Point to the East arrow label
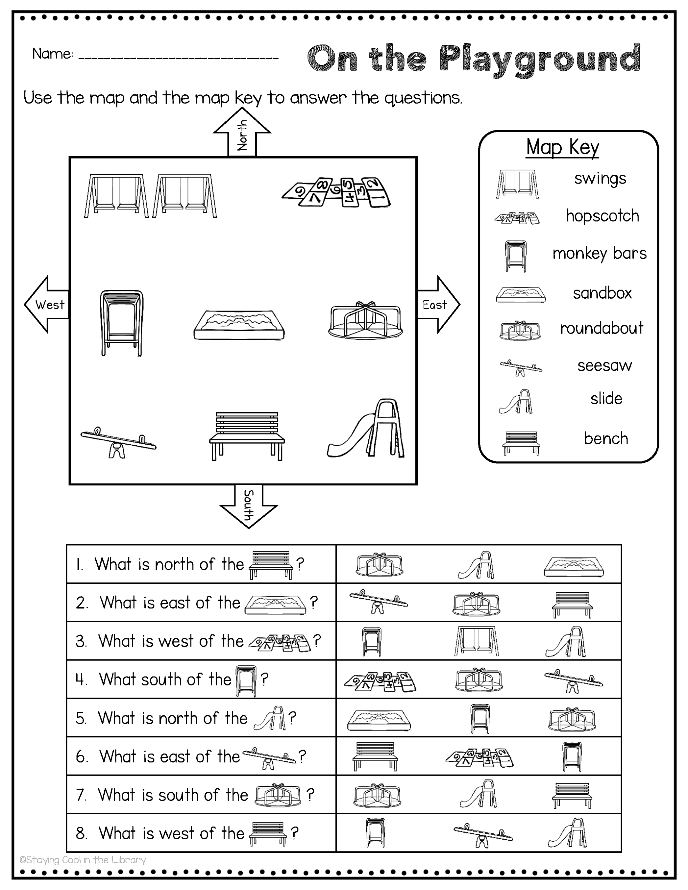435,305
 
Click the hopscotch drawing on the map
336,192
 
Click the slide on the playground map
367,430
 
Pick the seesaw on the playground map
118,442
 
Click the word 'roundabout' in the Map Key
601,328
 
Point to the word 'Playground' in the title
541,59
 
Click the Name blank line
178,57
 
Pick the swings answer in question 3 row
476,641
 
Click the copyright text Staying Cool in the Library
83,860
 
